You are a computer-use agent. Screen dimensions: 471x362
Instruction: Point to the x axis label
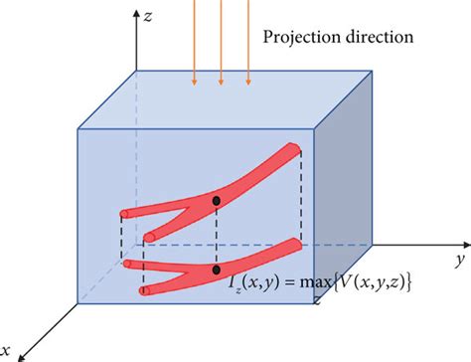click(8, 349)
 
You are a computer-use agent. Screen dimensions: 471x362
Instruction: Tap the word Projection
click(297, 39)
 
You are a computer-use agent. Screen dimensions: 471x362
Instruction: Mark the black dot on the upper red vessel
click(217, 202)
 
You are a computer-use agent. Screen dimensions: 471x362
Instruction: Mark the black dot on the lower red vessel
click(217, 269)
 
